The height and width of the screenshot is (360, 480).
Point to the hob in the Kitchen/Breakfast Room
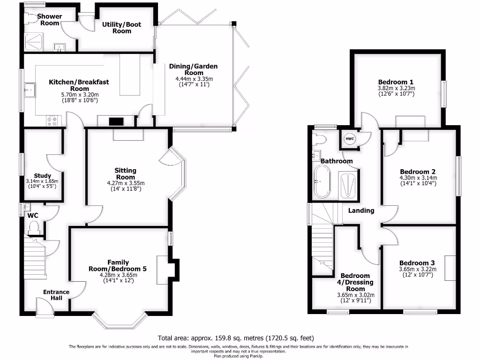click(x=52, y=121)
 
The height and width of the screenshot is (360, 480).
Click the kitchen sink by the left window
click(x=30, y=89)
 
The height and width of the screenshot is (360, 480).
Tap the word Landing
click(x=361, y=210)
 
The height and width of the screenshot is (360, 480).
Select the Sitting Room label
click(x=125, y=173)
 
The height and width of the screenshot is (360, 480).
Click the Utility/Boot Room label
click(x=121, y=28)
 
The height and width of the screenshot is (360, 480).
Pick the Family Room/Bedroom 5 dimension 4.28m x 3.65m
click(x=118, y=275)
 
